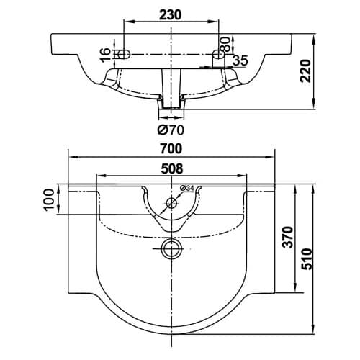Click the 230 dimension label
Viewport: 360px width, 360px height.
point(171,15)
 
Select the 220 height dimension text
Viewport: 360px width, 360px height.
point(305,71)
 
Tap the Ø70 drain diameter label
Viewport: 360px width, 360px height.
point(171,130)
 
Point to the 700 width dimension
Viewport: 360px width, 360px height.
point(171,148)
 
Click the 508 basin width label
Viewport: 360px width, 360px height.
point(172,168)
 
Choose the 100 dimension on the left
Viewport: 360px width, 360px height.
point(49,200)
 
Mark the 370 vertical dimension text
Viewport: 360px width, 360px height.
point(288,237)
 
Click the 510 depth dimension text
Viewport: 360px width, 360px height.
point(307,259)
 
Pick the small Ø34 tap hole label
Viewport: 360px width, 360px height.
point(186,189)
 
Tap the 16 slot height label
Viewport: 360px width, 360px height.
point(105,55)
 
